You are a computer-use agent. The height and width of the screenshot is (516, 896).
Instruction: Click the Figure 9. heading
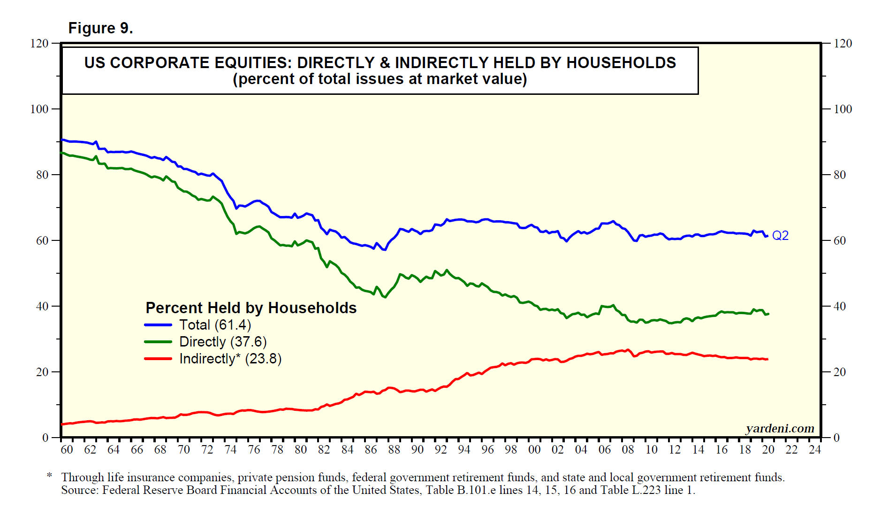point(100,28)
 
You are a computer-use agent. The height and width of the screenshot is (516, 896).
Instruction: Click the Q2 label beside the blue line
point(780,235)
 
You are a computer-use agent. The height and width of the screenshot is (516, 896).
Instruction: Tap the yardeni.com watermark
point(780,428)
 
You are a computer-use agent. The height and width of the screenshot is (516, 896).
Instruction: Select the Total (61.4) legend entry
point(215,325)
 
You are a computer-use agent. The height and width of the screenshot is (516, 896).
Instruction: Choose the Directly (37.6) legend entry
point(223,342)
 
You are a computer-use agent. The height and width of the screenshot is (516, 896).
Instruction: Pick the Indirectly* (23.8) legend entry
point(230,359)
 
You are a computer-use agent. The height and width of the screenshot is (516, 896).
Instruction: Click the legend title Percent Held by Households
point(251,308)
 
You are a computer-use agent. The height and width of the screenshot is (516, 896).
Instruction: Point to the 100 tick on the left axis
point(39,109)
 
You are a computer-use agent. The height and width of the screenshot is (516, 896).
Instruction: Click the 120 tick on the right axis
point(843,43)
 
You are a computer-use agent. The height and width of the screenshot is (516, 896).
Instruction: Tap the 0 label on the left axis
point(46,438)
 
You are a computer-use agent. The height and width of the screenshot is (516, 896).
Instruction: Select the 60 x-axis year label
point(67,450)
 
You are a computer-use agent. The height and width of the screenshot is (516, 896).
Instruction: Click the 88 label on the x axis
point(394,450)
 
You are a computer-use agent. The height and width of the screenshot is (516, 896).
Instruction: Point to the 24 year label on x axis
point(815,450)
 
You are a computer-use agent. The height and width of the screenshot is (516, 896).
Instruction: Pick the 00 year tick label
point(534,450)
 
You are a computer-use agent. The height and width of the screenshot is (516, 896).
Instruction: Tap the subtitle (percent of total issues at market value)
point(380,79)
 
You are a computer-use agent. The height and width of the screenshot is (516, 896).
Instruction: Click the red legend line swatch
point(158,359)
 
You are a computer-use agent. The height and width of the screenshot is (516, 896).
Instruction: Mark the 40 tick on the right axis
point(840,306)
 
